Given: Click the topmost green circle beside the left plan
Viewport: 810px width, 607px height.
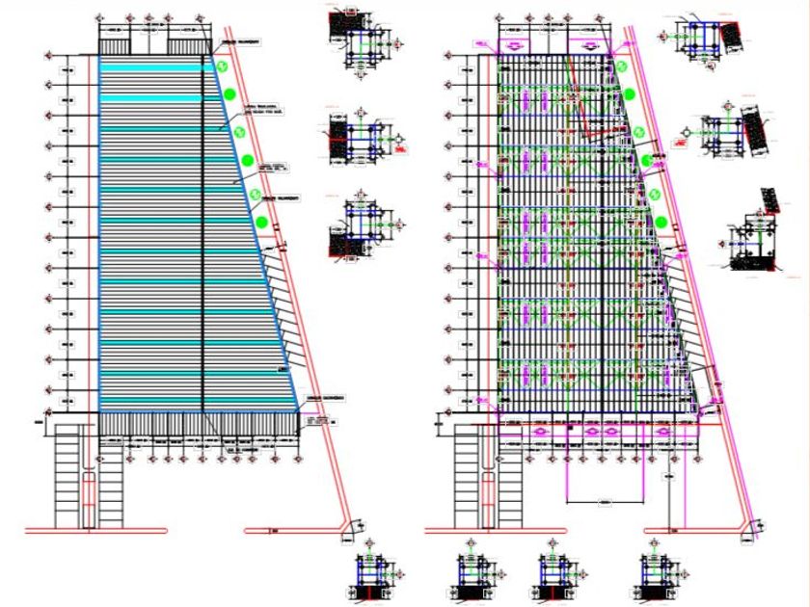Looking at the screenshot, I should tap(222, 66).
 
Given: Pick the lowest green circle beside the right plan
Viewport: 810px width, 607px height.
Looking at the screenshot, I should tap(662, 223).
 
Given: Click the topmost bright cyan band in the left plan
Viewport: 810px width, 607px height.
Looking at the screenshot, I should tap(149, 66).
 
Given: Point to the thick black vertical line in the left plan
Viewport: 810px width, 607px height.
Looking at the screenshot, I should tap(202, 231).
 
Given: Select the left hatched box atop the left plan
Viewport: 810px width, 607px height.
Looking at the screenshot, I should tap(117, 40).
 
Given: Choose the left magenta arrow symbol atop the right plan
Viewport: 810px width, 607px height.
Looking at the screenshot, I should tap(514, 43).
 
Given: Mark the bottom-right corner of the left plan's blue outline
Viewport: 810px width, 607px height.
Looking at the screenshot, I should tap(299, 411).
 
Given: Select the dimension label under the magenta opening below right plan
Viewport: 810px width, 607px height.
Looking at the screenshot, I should tap(605, 502).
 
